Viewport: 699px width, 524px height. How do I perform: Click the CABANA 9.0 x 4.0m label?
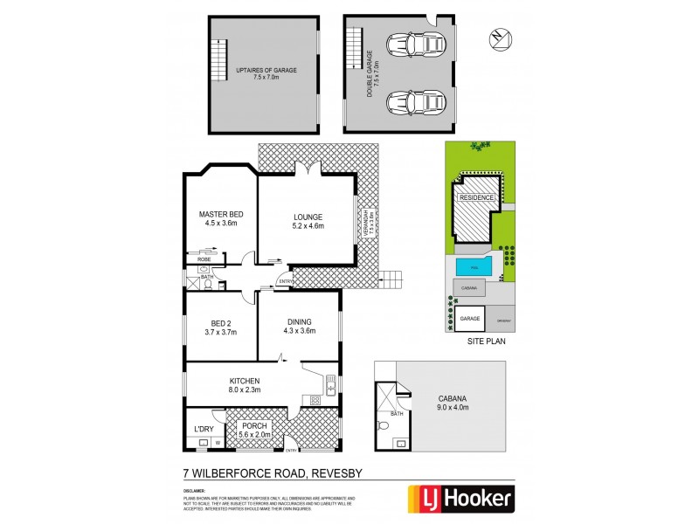click(453, 402)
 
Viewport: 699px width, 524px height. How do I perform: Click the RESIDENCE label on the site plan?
click(479, 197)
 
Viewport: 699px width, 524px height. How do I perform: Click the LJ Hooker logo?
click(462, 499)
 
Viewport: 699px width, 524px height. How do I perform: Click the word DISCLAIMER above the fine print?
click(195, 491)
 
